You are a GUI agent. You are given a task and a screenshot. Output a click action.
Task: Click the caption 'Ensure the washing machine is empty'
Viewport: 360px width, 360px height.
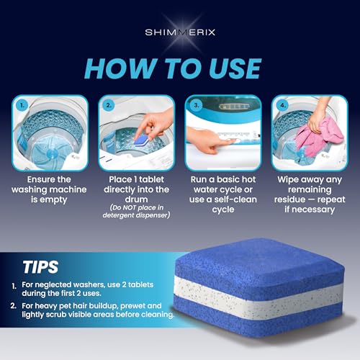(50, 186)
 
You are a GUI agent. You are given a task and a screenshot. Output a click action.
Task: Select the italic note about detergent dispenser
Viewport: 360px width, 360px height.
(137, 214)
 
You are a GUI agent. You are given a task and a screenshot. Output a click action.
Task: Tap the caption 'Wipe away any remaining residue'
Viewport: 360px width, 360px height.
(310, 186)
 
